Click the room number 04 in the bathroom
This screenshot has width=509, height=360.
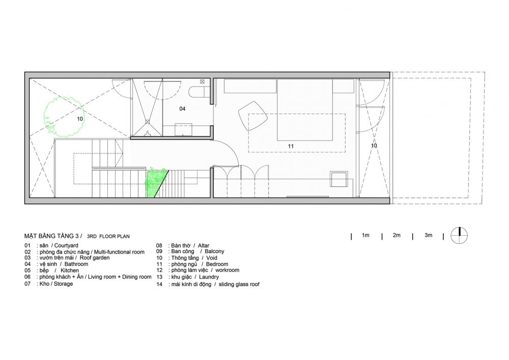[182, 109]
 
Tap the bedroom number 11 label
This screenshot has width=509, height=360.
[291, 147]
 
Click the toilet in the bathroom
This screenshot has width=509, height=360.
[200, 92]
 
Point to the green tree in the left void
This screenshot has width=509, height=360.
[64, 116]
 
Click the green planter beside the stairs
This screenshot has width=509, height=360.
[156, 183]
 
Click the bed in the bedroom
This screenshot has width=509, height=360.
[304, 109]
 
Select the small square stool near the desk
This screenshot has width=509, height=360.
[338, 179]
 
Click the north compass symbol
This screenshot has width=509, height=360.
[459, 235]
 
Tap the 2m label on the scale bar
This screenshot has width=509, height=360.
[397, 235]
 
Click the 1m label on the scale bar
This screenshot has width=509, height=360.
[365, 235]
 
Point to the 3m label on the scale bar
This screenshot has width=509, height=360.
[428, 235]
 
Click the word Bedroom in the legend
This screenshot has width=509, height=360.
[217, 264]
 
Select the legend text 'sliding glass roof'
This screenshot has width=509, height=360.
[239, 284]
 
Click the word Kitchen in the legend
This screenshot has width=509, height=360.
[69, 270]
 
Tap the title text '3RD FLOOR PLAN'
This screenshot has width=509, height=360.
[108, 236]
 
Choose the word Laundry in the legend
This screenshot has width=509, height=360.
[209, 277]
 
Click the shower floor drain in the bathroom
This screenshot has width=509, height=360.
[148, 122]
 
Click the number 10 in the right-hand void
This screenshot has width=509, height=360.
[374, 146]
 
